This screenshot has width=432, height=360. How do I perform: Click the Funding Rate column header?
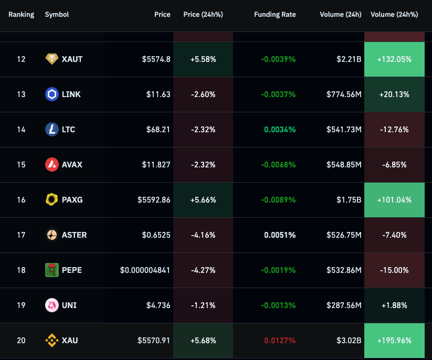pos(275,15)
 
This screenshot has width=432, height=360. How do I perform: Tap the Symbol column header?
pos(57,15)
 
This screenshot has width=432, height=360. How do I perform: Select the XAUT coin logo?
pos(52,59)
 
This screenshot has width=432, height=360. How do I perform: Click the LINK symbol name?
pos(71,94)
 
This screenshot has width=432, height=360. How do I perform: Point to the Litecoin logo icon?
pos(52,130)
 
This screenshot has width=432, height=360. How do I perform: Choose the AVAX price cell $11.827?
pos(156,165)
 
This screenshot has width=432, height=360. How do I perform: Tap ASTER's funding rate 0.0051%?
pos(280,235)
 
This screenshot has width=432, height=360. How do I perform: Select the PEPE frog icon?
pos(52,270)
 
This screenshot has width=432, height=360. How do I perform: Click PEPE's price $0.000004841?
pos(145,270)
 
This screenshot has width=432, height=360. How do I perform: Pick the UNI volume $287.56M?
pos(344,305)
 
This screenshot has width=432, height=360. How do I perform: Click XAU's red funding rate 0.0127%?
pos(280,341)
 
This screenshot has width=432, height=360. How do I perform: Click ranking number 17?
pos(21,235)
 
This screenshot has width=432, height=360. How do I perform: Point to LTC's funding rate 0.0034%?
pos(280,130)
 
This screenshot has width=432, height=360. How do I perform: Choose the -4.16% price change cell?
pos(203,235)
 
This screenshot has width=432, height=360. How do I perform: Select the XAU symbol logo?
pos(52,341)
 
